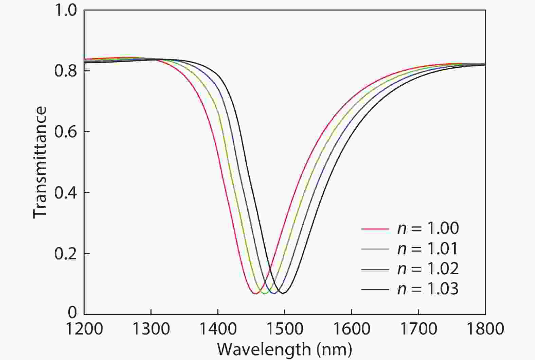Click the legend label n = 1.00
[428, 228]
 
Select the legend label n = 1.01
[428, 249]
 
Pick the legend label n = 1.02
[428, 269]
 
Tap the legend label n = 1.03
[428, 289]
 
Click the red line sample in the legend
[375, 229]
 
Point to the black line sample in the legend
[375, 289]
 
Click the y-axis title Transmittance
[40, 162]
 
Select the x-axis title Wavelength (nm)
[284, 349]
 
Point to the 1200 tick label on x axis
[84, 329]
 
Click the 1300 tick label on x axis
[151, 329]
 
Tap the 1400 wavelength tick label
[218, 329]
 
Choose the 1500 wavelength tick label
[285, 329]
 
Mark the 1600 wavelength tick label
[351, 329]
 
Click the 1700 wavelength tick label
[418, 329]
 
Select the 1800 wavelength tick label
[485, 329]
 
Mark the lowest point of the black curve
[283, 293]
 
